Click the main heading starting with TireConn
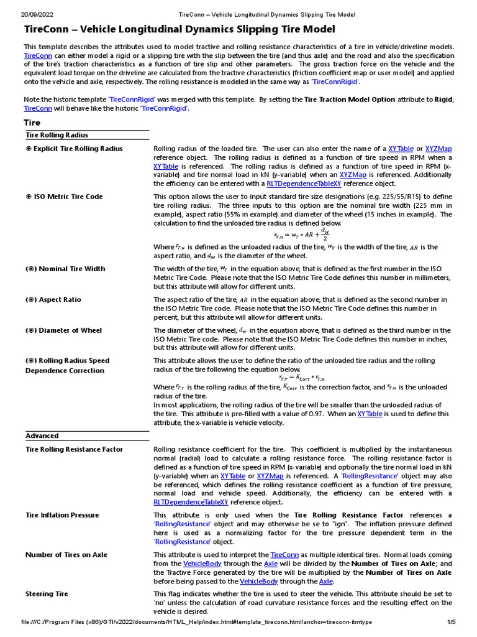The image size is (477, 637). [x=179, y=29]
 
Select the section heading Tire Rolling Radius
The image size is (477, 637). [x=57, y=135]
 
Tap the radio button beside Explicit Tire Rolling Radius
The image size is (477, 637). [x=29, y=149]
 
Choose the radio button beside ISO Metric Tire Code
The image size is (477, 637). [x=29, y=197]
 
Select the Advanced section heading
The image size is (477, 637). [x=42, y=436]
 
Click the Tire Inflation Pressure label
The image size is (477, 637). [x=62, y=515]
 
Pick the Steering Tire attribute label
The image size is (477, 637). [x=47, y=594]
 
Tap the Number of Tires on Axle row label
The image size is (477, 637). [x=66, y=555]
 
